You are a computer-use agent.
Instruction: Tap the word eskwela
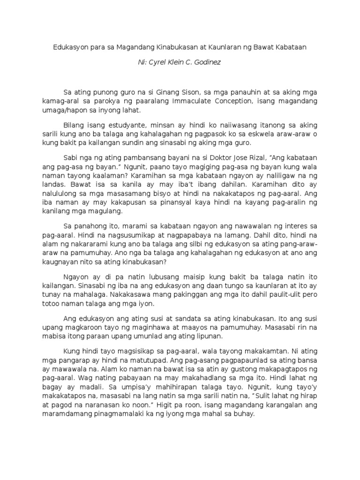point(248,134)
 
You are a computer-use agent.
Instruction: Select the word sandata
point(166,318)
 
